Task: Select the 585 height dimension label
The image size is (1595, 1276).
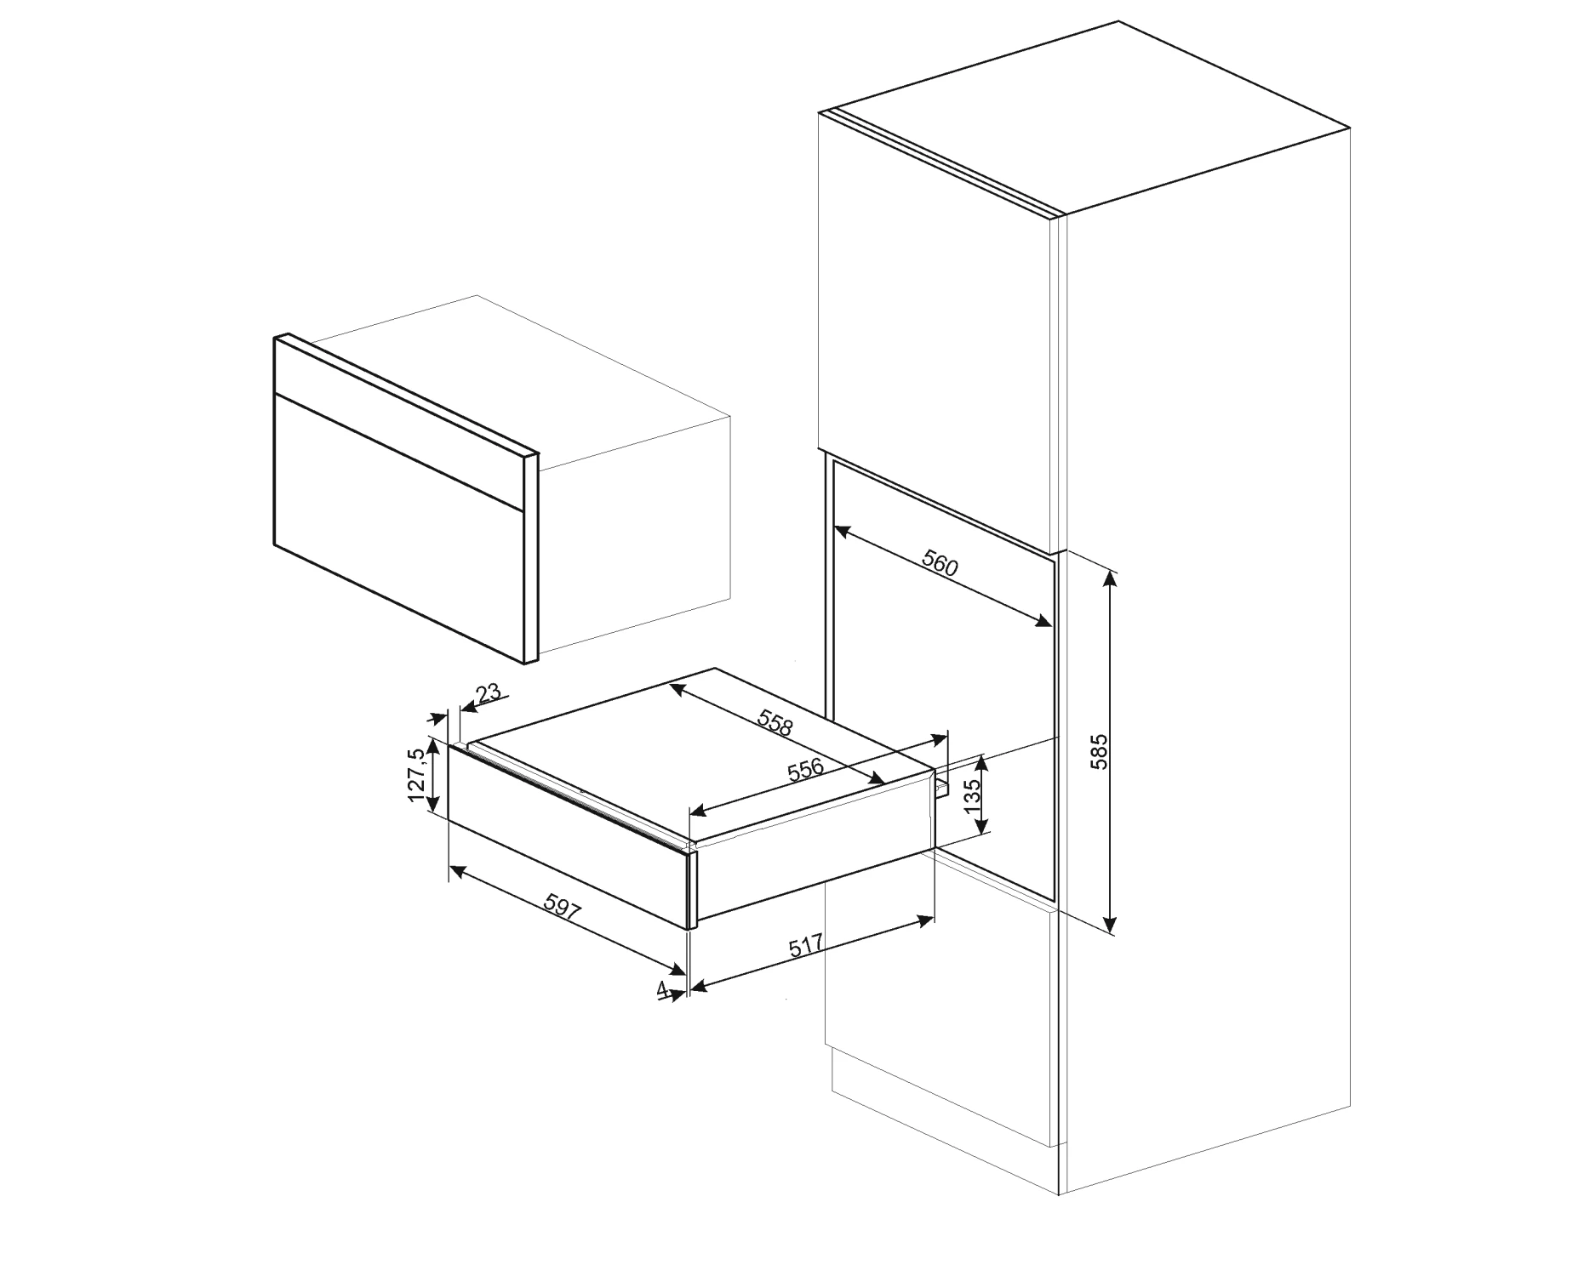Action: [x=1100, y=751]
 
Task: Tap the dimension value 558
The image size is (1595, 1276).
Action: [x=775, y=723]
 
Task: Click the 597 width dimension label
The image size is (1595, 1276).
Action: [x=563, y=911]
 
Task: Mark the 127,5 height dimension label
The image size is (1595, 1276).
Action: [x=416, y=774]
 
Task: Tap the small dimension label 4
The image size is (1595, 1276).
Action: [x=661, y=988]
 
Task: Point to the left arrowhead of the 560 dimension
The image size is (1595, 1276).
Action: [x=843, y=533]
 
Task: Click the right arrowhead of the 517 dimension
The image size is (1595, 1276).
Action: [x=926, y=919]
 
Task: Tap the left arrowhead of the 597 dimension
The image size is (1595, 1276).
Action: [x=457, y=870]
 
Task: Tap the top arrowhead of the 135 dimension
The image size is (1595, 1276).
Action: [x=983, y=760]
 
